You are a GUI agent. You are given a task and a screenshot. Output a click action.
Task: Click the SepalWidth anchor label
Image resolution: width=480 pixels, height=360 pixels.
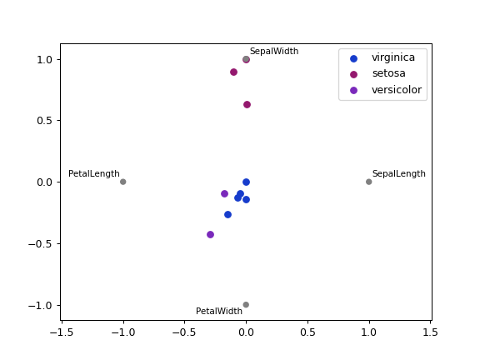(x=273, y=52)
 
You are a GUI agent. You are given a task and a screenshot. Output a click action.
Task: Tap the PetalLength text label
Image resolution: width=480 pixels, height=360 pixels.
(x=93, y=174)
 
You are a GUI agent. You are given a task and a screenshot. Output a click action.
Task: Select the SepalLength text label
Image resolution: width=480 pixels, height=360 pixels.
(x=398, y=174)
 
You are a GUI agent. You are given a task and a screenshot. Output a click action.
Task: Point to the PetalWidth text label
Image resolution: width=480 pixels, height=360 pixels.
(x=219, y=312)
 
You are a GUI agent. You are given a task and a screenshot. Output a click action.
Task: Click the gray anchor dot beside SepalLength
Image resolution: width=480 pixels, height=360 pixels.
(x=368, y=182)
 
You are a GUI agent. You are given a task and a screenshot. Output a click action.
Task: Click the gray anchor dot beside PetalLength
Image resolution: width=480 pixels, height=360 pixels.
(x=122, y=182)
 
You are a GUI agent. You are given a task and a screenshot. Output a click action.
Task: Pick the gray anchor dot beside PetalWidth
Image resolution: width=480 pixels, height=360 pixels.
(x=246, y=305)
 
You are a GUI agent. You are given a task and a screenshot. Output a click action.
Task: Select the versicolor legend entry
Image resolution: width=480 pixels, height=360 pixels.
(x=396, y=90)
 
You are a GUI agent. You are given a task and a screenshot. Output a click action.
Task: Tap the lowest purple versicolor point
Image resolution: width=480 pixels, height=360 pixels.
(x=210, y=234)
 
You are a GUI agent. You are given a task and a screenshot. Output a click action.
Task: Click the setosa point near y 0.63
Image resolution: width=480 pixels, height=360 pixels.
(x=247, y=104)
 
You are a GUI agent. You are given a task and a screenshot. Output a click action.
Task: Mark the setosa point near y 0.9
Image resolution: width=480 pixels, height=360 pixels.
(x=233, y=72)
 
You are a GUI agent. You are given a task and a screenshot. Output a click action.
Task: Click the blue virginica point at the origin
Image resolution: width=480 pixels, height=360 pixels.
(x=246, y=182)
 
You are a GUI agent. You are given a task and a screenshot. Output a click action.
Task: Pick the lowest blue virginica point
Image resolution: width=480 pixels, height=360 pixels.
(x=227, y=214)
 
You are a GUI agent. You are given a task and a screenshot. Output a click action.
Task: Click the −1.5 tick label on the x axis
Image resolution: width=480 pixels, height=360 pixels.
(x=60, y=332)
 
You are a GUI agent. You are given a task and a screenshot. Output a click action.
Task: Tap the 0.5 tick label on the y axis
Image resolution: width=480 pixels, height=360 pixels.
(x=42, y=121)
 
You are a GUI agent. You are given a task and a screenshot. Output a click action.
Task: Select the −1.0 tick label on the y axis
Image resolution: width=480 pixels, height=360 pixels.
(x=39, y=305)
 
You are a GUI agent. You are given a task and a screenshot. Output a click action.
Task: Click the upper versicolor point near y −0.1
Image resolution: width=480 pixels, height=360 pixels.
(x=224, y=193)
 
